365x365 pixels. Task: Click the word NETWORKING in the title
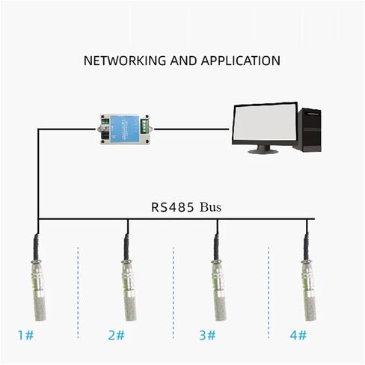pyautogui.click(x=125, y=61)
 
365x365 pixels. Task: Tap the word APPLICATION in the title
pyautogui.click(x=241, y=61)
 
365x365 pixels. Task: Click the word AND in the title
pyautogui.click(x=183, y=61)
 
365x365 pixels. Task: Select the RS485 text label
pyautogui.click(x=173, y=207)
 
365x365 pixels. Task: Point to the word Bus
pyautogui.click(x=210, y=207)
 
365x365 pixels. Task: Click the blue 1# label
pyautogui.click(x=25, y=335)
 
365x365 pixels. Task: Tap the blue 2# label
pyautogui.click(x=117, y=335)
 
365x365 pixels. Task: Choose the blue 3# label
pyautogui.click(x=207, y=335)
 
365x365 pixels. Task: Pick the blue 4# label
pyautogui.click(x=298, y=335)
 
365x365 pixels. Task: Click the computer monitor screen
pyautogui.click(x=265, y=123)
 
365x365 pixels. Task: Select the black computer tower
pyautogui.click(x=307, y=129)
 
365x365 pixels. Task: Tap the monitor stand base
pyautogui.click(x=263, y=151)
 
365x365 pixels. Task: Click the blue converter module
pyautogui.click(x=125, y=129)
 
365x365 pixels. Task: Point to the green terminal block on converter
pyautogui.click(x=144, y=126)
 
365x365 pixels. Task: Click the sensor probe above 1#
pyautogui.click(x=38, y=277)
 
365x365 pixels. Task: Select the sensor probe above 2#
pyautogui.click(x=129, y=277)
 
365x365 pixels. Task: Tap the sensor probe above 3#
pyautogui.click(x=218, y=277)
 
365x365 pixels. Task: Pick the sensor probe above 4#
pyautogui.click(x=309, y=277)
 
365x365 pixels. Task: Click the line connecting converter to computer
pyautogui.click(x=191, y=129)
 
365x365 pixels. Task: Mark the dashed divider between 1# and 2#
pyautogui.click(x=78, y=292)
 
